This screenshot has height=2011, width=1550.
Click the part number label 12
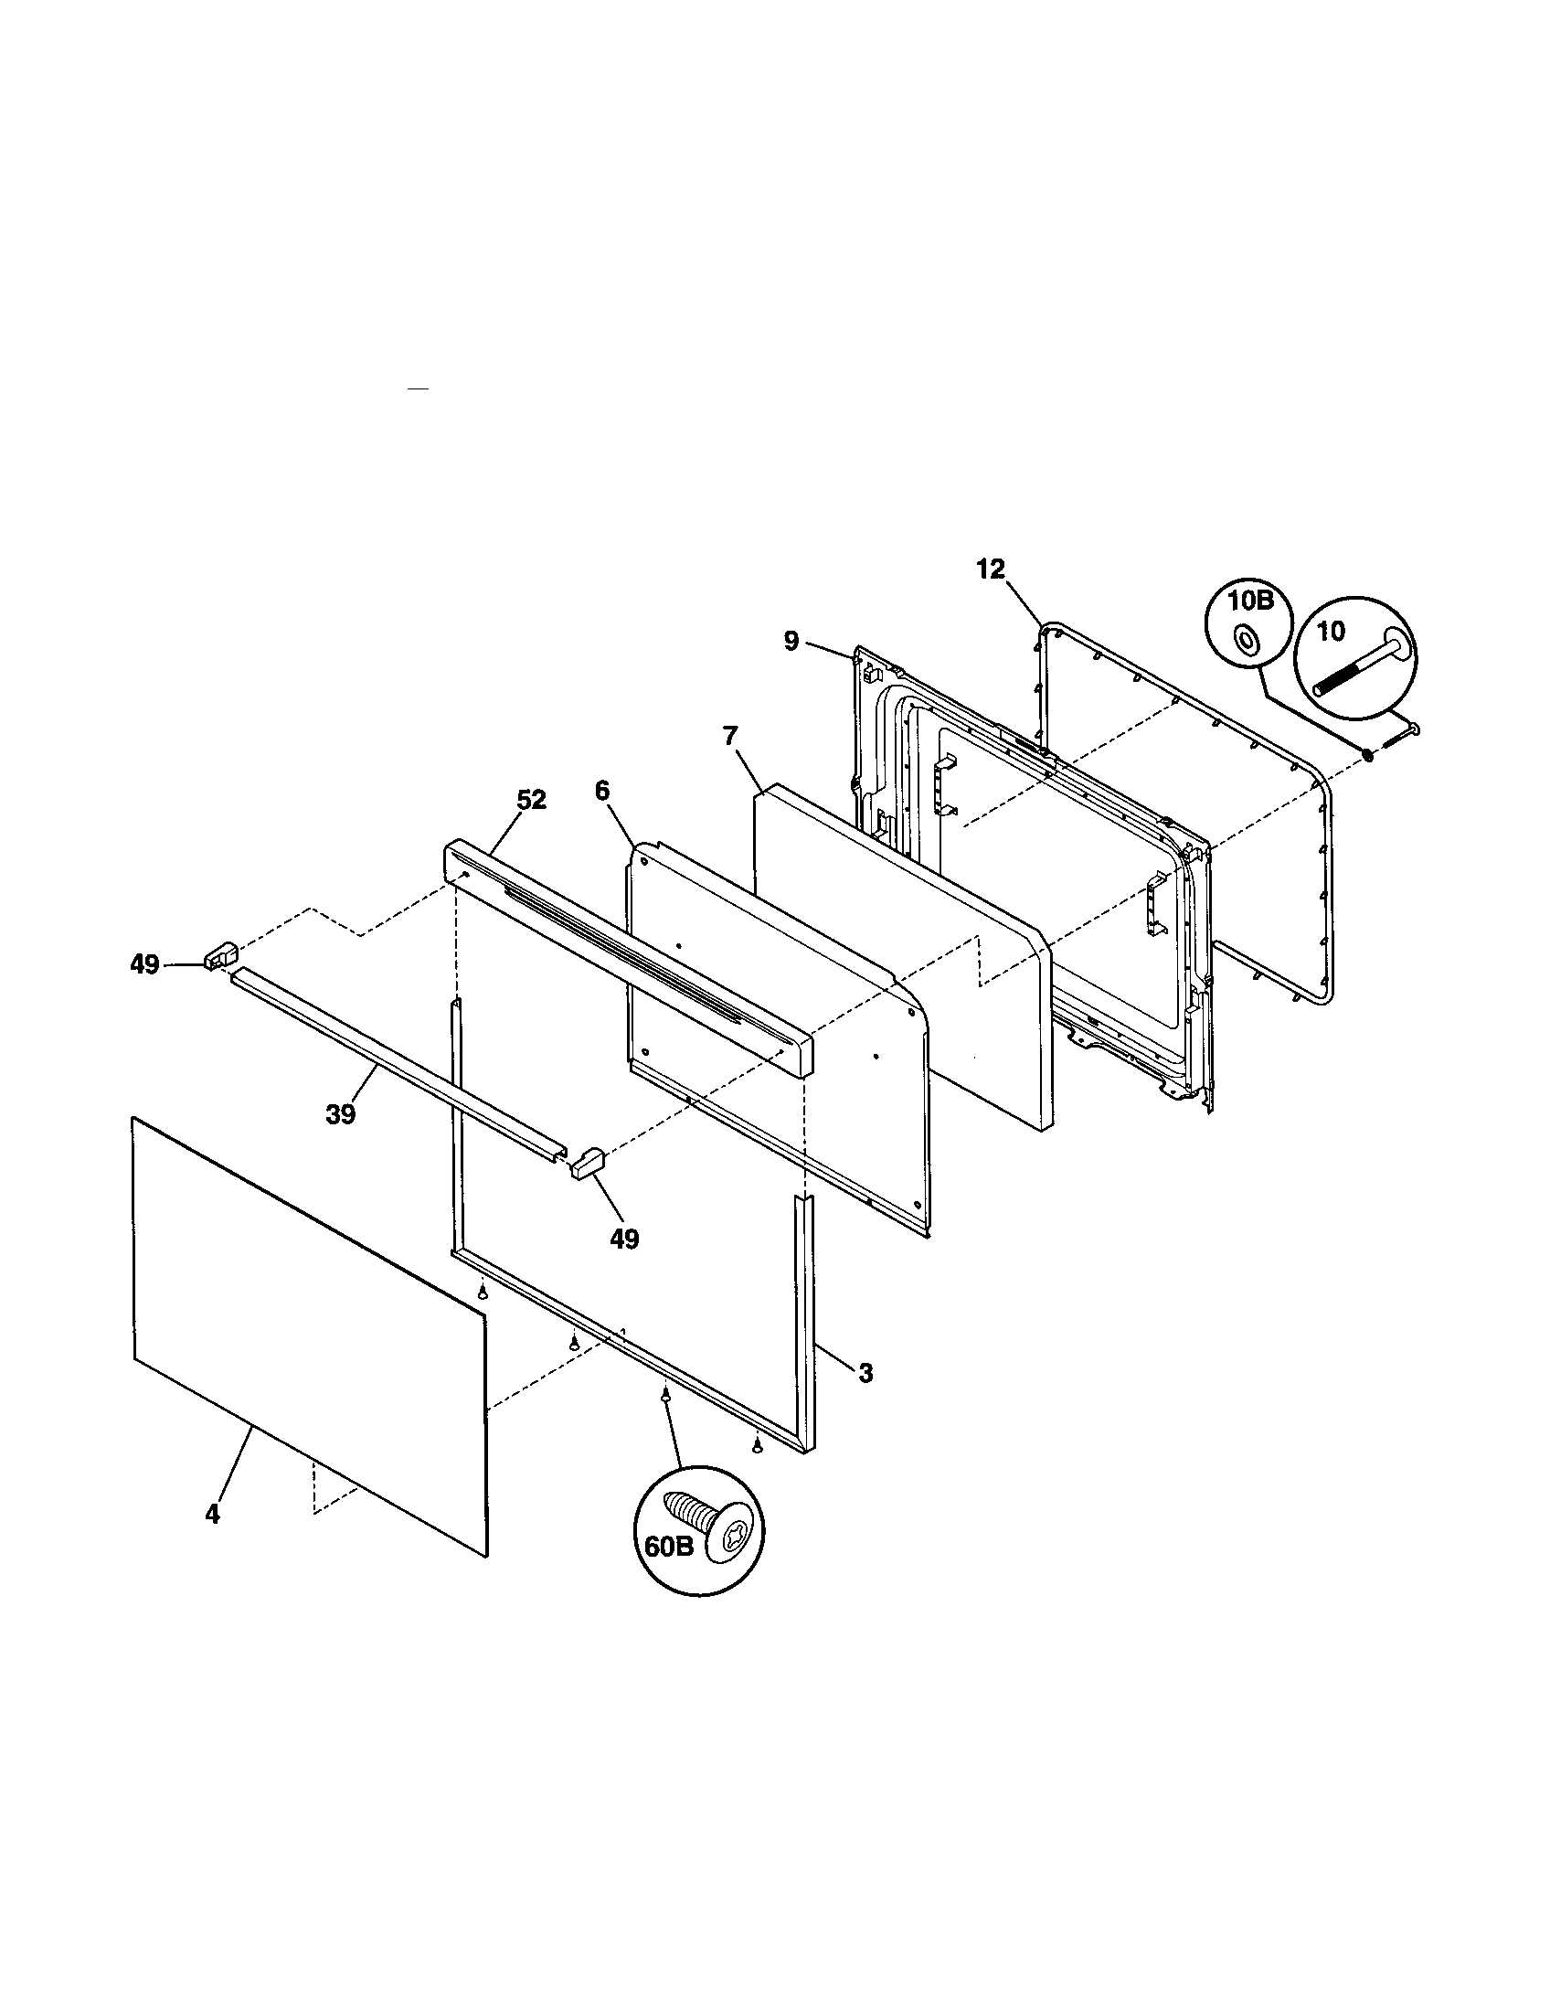[x=991, y=569]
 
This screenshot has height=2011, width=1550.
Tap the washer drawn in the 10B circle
[x=1247, y=638]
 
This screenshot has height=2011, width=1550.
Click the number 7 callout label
[x=730, y=735]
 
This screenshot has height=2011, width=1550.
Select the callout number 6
[x=602, y=792]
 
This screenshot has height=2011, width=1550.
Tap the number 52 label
[x=531, y=800]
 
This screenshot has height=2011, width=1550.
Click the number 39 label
[x=340, y=1114]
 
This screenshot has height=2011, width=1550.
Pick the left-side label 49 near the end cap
[x=143, y=965]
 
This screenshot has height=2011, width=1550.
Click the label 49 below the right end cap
[x=624, y=1239]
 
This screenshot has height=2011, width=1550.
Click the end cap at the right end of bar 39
[x=586, y=1164]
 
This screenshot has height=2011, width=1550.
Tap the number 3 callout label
[x=865, y=1399]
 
